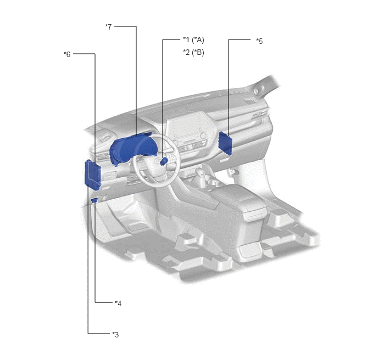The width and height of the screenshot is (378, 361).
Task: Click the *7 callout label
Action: (x=108, y=27)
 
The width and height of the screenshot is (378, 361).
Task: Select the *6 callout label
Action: (x=67, y=54)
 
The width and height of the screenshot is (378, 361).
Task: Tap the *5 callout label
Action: (x=259, y=41)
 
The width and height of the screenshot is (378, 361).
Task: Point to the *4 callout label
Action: (x=118, y=303)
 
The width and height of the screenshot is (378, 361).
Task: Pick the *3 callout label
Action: (x=115, y=334)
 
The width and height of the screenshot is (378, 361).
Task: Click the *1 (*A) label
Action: (x=193, y=40)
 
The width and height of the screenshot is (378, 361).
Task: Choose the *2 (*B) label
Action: (x=193, y=52)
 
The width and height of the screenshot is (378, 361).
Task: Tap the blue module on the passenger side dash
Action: (x=225, y=143)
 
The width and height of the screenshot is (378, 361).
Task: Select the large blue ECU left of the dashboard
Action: (x=92, y=175)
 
